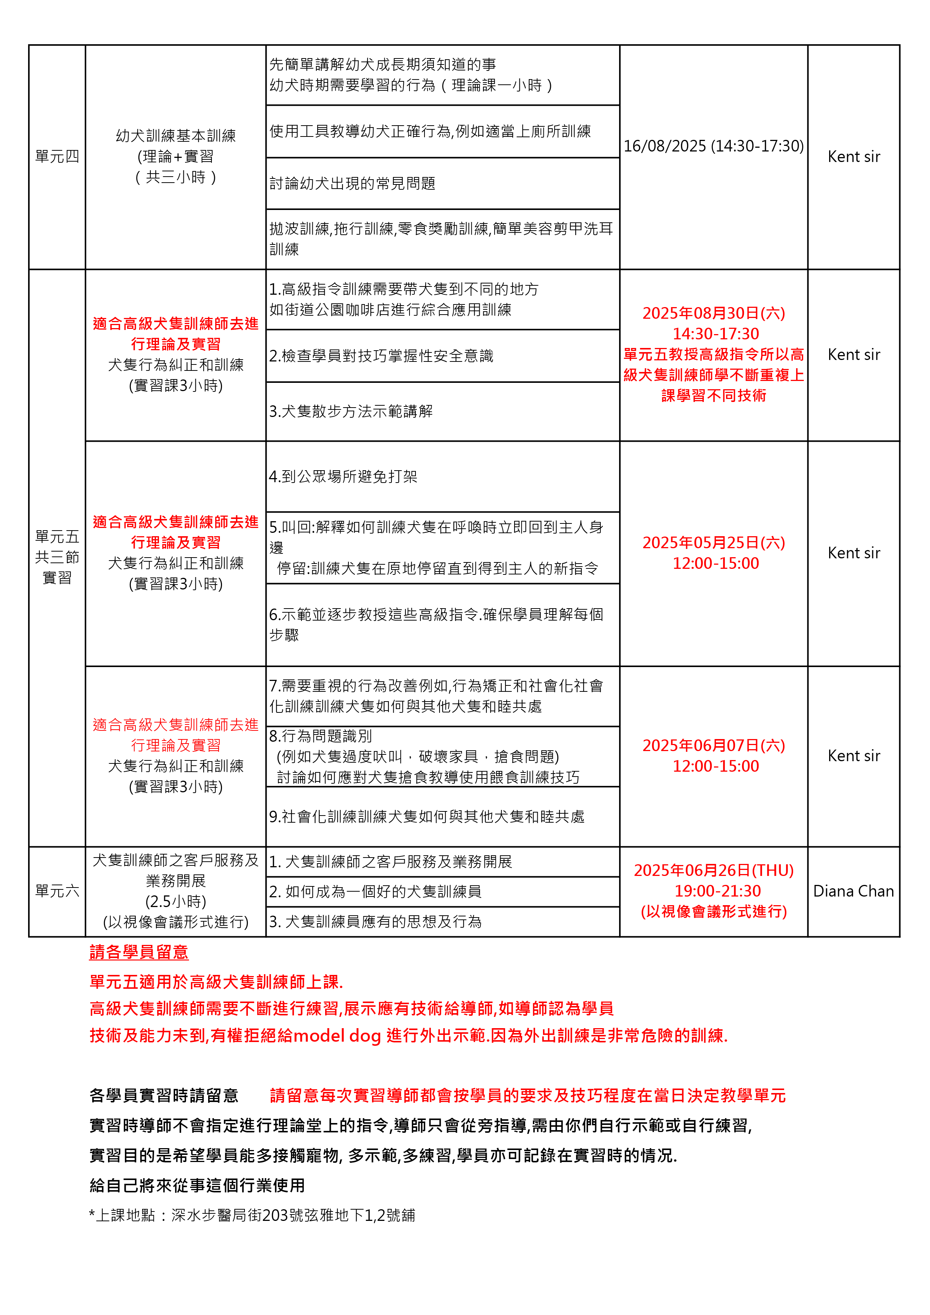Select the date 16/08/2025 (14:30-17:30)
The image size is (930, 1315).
point(714,146)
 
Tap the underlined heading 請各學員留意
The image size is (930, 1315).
point(139,952)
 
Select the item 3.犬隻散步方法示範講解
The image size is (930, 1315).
point(351,411)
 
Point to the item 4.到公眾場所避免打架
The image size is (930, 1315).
point(343,477)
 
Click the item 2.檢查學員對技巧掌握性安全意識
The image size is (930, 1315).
point(381,356)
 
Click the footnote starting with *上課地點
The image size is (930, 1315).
point(252,1215)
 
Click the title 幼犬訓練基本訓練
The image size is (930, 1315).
point(176,136)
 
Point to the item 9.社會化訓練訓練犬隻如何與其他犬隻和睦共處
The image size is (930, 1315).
point(427,816)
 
